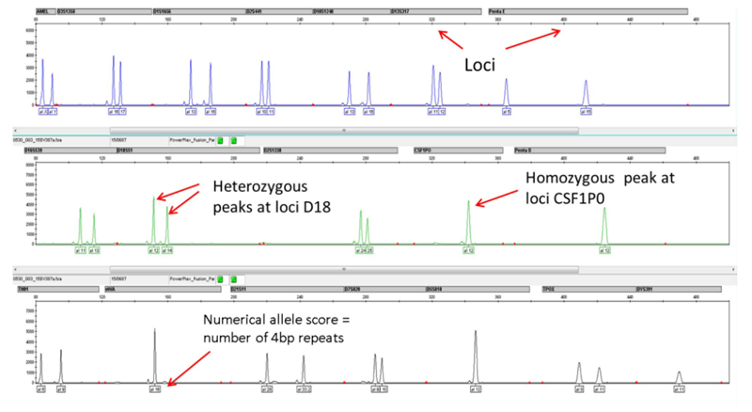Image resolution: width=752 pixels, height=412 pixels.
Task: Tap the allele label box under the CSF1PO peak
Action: click(x=467, y=251)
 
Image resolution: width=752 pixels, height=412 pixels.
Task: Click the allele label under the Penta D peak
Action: click(x=604, y=251)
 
